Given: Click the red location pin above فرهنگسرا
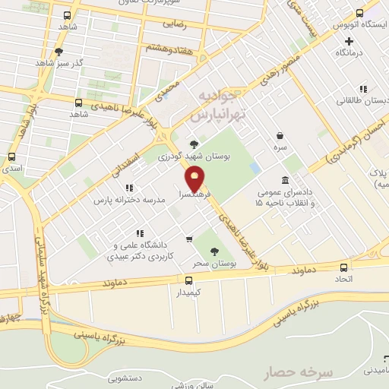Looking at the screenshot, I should (195, 179).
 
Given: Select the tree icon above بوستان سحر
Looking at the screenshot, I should (215, 250).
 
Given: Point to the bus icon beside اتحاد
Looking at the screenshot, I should (344, 267).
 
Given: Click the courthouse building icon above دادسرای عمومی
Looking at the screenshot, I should (284, 180).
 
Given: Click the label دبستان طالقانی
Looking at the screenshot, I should (363, 100).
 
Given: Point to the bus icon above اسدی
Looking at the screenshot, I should (11, 157).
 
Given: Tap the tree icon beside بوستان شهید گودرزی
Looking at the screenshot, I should (194, 143).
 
